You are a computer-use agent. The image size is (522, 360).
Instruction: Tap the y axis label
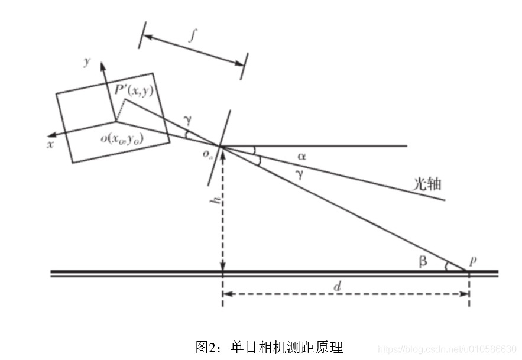click(86, 61)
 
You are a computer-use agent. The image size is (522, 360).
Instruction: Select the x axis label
click(50, 144)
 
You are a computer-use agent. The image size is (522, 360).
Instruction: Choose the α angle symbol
click(301, 157)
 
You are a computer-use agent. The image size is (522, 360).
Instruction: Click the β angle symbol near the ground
click(423, 261)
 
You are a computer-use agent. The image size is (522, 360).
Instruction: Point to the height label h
click(216, 201)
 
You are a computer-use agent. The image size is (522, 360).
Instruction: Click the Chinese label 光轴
click(427, 184)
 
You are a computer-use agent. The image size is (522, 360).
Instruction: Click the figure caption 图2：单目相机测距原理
click(269, 346)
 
